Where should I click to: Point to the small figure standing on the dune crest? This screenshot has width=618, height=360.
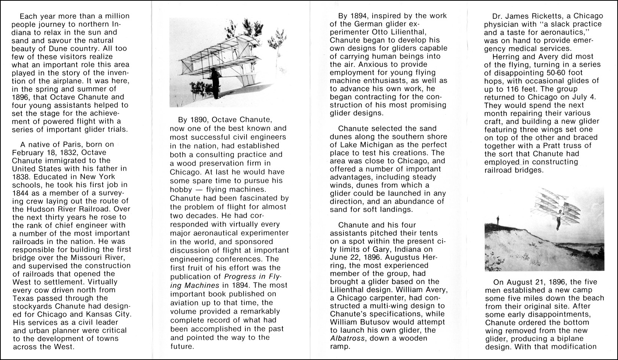coord(498,219)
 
